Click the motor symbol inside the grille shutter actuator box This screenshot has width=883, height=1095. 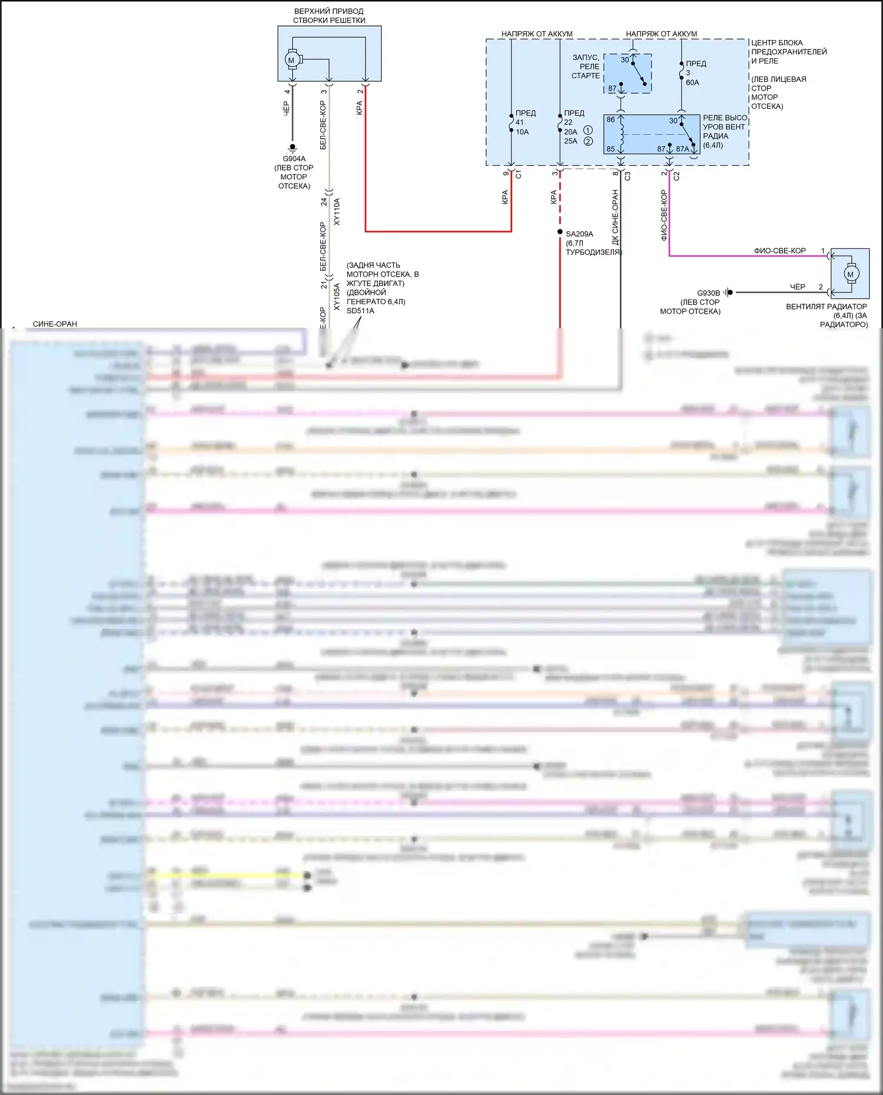click(291, 59)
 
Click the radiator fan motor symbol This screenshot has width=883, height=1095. click(850, 274)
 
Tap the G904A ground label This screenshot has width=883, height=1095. click(294, 158)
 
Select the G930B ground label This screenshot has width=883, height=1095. click(708, 293)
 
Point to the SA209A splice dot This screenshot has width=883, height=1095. click(560, 232)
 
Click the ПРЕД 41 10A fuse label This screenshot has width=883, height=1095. click(523, 122)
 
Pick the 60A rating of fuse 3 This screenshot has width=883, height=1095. click(692, 82)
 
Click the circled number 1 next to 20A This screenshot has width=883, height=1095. click(587, 130)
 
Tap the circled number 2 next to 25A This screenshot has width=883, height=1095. click(587, 141)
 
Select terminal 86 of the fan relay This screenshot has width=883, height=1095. click(610, 119)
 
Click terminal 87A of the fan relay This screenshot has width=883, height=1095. click(682, 149)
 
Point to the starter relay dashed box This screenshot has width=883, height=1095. click(628, 74)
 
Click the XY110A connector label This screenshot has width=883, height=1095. click(337, 211)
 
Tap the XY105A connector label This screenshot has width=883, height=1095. click(337, 297)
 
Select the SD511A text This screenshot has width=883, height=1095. click(360, 311)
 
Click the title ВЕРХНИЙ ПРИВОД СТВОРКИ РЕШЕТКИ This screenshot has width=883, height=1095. click(329, 15)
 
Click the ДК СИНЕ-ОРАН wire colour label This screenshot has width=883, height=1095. click(615, 217)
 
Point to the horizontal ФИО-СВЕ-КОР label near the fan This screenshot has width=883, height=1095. click(779, 251)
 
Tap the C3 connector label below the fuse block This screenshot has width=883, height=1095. click(628, 175)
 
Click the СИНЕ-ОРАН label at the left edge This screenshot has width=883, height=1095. click(55, 324)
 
